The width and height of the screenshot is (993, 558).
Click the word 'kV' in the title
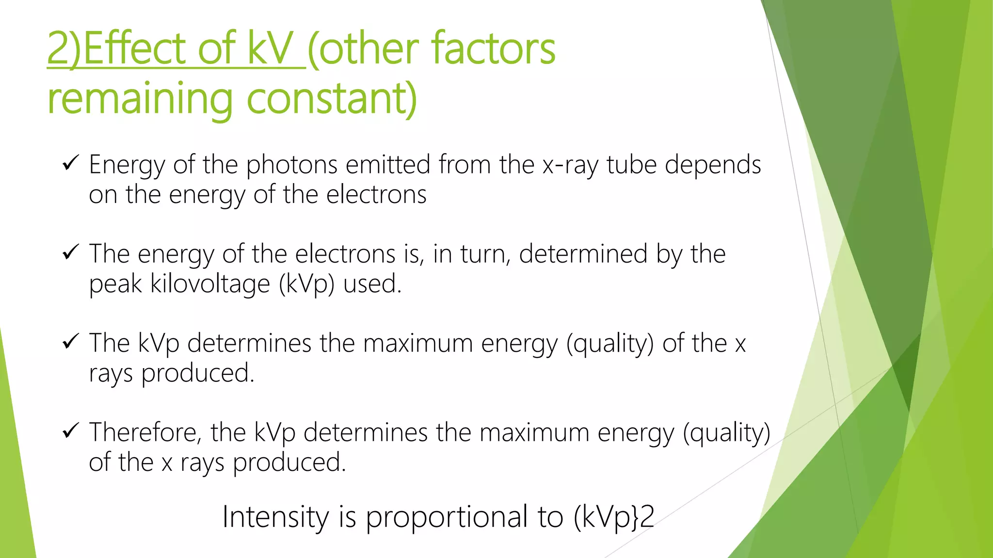pos(269,48)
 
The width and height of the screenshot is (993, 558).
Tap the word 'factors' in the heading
pos(494,48)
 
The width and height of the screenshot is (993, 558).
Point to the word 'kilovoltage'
pos(210,284)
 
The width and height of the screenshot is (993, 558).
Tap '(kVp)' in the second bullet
pos(306,284)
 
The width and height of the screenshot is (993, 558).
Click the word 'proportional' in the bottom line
pos(447,517)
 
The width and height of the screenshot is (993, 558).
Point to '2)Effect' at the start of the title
pos(116,48)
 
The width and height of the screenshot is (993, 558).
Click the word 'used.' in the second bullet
pos(372,284)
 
